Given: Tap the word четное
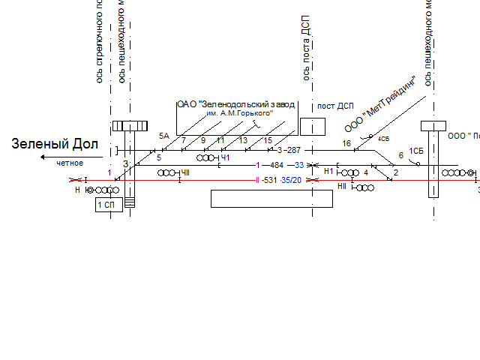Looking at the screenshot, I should click(x=69, y=163).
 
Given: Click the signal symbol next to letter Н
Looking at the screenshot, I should click(x=103, y=190).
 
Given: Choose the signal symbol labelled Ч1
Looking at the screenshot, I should click(x=207, y=158).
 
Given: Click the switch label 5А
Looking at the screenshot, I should click(x=164, y=136).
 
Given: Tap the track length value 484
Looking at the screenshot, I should click(x=277, y=165).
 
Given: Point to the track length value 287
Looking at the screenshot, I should click(x=292, y=151).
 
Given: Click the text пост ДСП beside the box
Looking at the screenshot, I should click(x=335, y=106).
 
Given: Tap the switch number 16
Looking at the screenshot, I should click(x=346, y=143).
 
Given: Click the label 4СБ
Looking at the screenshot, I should click(x=383, y=139).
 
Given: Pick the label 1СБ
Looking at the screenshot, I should click(x=416, y=151).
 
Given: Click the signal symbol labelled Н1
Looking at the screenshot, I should click(x=347, y=172).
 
